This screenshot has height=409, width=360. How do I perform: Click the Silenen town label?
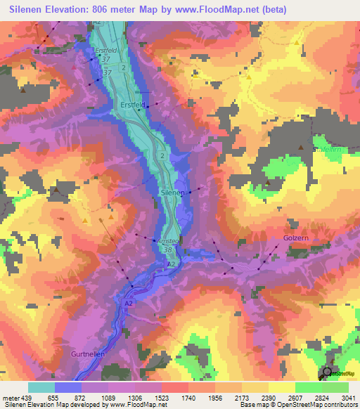(172, 192)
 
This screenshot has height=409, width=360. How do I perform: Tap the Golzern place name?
(296, 239)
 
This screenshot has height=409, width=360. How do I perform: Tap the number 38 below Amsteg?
(168, 249)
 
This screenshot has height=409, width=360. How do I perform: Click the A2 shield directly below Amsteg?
(171, 263)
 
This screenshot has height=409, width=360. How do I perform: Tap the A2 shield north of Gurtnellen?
(129, 302)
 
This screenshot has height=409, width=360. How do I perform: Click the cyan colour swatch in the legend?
(41, 387)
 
